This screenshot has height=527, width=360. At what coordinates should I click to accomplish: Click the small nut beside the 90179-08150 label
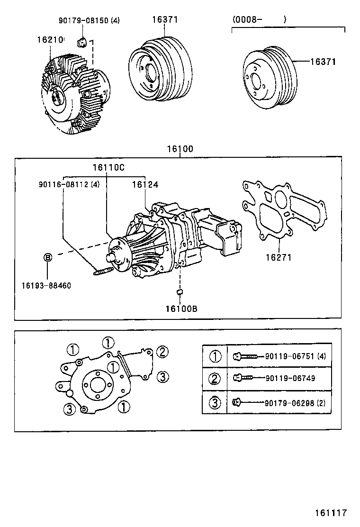pos(81,43)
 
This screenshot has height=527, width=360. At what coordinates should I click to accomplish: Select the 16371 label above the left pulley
pos(165,19)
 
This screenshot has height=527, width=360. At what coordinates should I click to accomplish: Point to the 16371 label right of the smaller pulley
pos(323,62)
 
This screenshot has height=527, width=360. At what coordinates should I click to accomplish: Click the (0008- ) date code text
pos(259,20)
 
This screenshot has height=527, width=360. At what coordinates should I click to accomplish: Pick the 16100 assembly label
pos(180,149)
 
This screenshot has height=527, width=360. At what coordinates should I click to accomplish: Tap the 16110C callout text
pos(108,167)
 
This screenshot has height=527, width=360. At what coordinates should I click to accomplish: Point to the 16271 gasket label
pos(278,257)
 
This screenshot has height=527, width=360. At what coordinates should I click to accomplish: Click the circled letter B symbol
pos(48,257)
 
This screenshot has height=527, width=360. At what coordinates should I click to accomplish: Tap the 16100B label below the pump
pos(181,309)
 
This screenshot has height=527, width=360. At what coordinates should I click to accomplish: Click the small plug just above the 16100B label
pos(180,291)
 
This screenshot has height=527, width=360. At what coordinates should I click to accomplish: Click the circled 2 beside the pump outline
pos(162,352)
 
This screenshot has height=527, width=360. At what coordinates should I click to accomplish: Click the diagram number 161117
pos(332,513)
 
